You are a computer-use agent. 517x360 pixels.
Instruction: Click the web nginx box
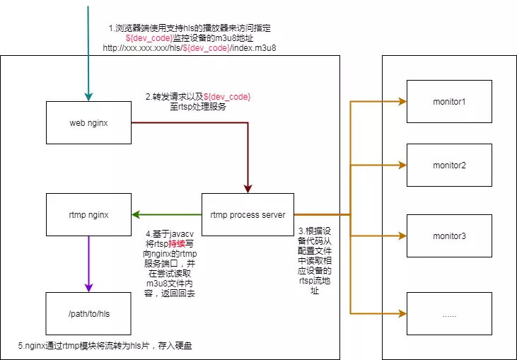tap(88, 123)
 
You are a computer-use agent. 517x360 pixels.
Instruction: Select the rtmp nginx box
tap(88, 214)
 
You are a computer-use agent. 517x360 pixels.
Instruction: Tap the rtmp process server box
tap(248, 214)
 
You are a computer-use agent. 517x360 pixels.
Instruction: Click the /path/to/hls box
tap(88, 313)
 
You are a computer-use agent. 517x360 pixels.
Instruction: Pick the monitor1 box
tap(449, 101)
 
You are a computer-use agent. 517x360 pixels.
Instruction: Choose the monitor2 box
tap(449, 165)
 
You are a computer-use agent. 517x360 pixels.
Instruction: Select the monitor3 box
tap(449, 236)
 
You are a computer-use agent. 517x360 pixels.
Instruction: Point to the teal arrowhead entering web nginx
tap(88, 97)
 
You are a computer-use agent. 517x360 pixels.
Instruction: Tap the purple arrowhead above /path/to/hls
tap(88, 287)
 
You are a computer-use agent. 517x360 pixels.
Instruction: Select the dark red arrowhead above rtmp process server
tap(248, 188)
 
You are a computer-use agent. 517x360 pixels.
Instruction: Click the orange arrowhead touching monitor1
tap(402, 101)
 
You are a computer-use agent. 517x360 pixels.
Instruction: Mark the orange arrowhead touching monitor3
tap(402, 236)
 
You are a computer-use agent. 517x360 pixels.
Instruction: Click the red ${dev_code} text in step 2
tap(227, 96)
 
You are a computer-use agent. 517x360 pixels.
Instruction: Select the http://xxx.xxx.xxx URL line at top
tap(189, 48)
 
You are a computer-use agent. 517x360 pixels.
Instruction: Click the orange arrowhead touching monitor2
tap(402, 165)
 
